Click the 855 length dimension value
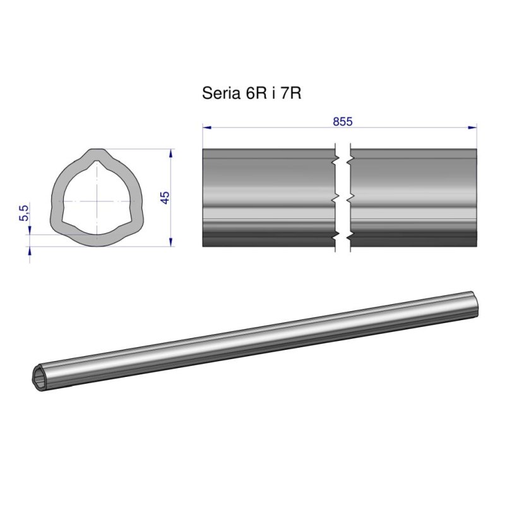coord(342,122)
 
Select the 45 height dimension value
coord(165,197)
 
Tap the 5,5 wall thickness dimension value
coord(25,213)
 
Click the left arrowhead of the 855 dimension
coord(206,128)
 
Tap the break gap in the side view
coord(342,198)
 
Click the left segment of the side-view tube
coord(268,198)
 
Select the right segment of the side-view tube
coord(413,198)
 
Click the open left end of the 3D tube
coord(42,379)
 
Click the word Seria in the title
coord(215,93)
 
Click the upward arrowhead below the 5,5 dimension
coord(29,251)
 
